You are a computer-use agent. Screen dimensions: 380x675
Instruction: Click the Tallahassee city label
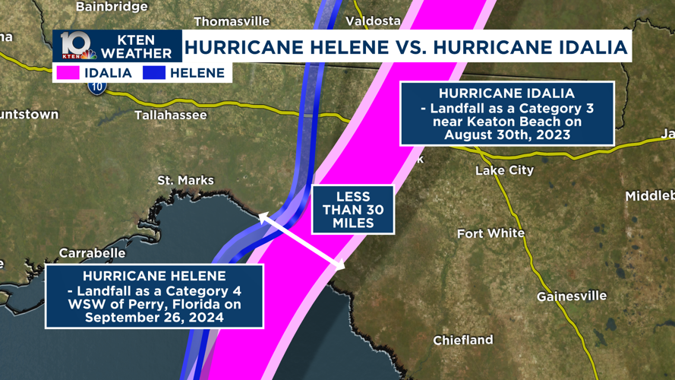tap(171, 116)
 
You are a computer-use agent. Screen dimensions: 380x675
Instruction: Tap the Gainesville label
tap(571, 296)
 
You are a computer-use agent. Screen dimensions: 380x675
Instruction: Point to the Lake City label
tap(504, 170)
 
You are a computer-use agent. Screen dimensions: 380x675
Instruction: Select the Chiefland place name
tap(463, 340)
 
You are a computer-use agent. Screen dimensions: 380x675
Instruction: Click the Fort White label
tap(490, 233)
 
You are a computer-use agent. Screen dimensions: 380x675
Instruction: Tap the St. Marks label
tap(185, 180)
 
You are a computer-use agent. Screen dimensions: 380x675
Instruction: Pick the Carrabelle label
tap(92, 253)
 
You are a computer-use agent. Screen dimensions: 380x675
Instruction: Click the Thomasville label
tap(232, 21)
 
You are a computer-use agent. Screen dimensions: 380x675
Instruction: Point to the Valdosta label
tap(373, 21)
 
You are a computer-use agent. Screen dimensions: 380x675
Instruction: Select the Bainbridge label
tap(112, 7)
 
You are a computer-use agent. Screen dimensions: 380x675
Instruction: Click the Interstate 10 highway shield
tap(96, 87)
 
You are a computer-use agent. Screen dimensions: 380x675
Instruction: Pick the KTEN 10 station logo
tap(78, 46)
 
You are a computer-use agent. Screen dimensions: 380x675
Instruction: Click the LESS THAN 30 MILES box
tap(353, 210)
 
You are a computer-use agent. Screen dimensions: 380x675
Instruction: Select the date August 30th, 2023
tap(507, 135)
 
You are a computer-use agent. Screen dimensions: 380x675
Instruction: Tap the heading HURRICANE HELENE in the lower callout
tap(154, 276)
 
